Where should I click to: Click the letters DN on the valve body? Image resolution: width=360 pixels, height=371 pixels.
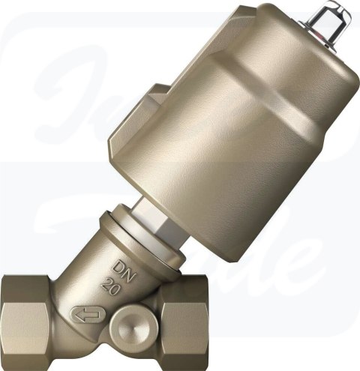(x=121, y=268)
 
